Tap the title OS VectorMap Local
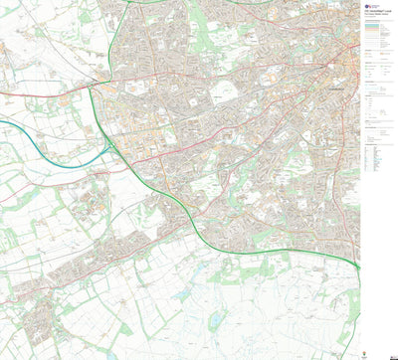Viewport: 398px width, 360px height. (x=375, y=13)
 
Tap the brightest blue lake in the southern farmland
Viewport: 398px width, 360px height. (x=216, y=320)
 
